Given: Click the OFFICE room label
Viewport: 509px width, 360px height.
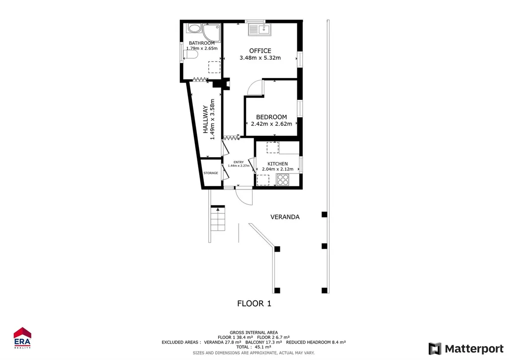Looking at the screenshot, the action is click(x=260, y=51).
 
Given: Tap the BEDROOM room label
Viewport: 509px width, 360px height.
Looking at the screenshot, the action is click(x=271, y=117).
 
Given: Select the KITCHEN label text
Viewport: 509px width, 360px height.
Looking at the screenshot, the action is click(x=277, y=164).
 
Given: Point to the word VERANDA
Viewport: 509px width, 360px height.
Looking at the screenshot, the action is click(x=285, y=217).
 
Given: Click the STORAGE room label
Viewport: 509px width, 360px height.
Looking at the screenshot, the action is click(x=211, y=173).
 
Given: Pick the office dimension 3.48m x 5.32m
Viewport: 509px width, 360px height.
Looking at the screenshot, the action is click(x=260, y=58).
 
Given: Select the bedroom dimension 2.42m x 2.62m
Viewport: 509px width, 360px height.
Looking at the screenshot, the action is click(x=271, y=124).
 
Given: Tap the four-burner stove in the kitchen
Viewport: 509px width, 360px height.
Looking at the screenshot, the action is click(x=283, y=180).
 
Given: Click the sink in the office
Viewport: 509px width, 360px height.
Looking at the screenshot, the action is click(x=259, y=29).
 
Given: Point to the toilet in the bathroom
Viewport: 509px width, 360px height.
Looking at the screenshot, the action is click(x=190, y=55).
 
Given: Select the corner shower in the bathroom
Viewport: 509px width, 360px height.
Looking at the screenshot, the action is click(x=212, y=33).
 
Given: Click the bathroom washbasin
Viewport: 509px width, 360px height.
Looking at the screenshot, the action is click(x=194, y=28).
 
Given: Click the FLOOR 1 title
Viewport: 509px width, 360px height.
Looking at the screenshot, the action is click(x=254, y=303).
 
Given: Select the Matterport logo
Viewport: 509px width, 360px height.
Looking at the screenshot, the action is click(x=466, y=349).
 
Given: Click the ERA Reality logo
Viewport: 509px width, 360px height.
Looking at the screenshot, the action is click(x=22, y=338).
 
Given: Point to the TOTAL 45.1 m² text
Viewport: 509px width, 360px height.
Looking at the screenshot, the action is click(x=254, y=347).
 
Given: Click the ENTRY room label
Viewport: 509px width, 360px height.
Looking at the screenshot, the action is click(x=239, y=162).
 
